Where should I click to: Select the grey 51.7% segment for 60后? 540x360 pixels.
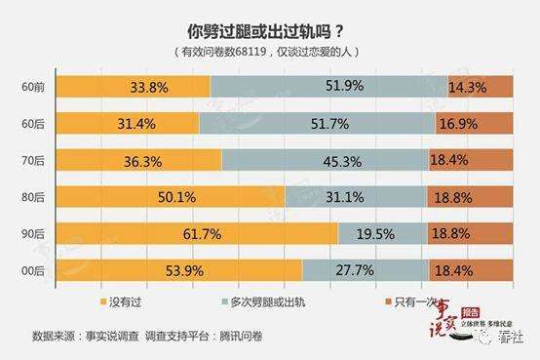click(319, 123)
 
